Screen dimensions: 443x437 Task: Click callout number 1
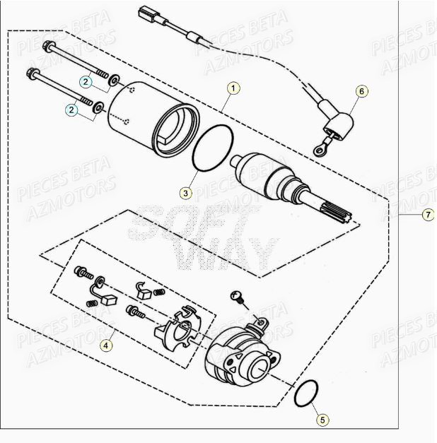point(234,88)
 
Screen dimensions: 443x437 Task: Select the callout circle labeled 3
point(185,193)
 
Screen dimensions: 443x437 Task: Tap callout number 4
point(105,345)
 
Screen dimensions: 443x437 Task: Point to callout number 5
point(322,420)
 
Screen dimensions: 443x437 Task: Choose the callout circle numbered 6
point(361,91)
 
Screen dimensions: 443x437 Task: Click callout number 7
point(427,215)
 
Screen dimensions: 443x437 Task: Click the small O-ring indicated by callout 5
point(307,394)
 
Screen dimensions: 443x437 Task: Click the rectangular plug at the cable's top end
point(146,13)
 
